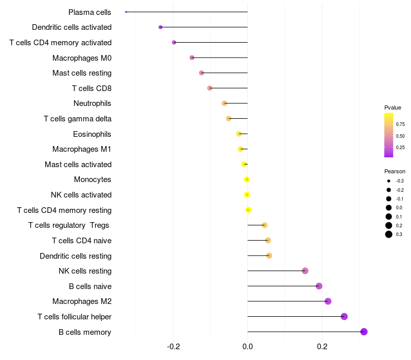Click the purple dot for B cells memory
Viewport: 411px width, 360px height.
(364, 332)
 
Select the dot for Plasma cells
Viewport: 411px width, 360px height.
(126, 12)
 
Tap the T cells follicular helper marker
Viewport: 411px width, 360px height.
(344, 316)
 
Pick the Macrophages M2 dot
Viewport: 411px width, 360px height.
(328, 301)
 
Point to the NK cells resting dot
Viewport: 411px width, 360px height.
(305, 271)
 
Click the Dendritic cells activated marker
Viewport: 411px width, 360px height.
(160, 27)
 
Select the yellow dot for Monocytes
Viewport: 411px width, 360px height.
(247, 179)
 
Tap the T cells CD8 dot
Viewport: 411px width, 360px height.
(210, 88)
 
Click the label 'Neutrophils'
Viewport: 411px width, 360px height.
(92, 103)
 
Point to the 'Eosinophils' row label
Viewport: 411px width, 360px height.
(92, 134)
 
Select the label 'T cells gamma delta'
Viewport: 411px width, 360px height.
(78, 119)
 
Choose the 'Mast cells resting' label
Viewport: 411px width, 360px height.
(82, 73)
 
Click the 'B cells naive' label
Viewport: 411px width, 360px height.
(90, 286)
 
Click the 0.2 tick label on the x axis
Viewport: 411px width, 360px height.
(322, 347)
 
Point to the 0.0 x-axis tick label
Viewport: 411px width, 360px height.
(248, 347)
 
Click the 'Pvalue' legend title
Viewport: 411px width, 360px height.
(393, 107)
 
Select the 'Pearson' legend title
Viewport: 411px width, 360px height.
(395, 171)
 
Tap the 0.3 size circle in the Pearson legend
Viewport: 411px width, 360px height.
(389, 235)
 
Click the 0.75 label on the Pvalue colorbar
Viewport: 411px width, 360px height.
(400, 124)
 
